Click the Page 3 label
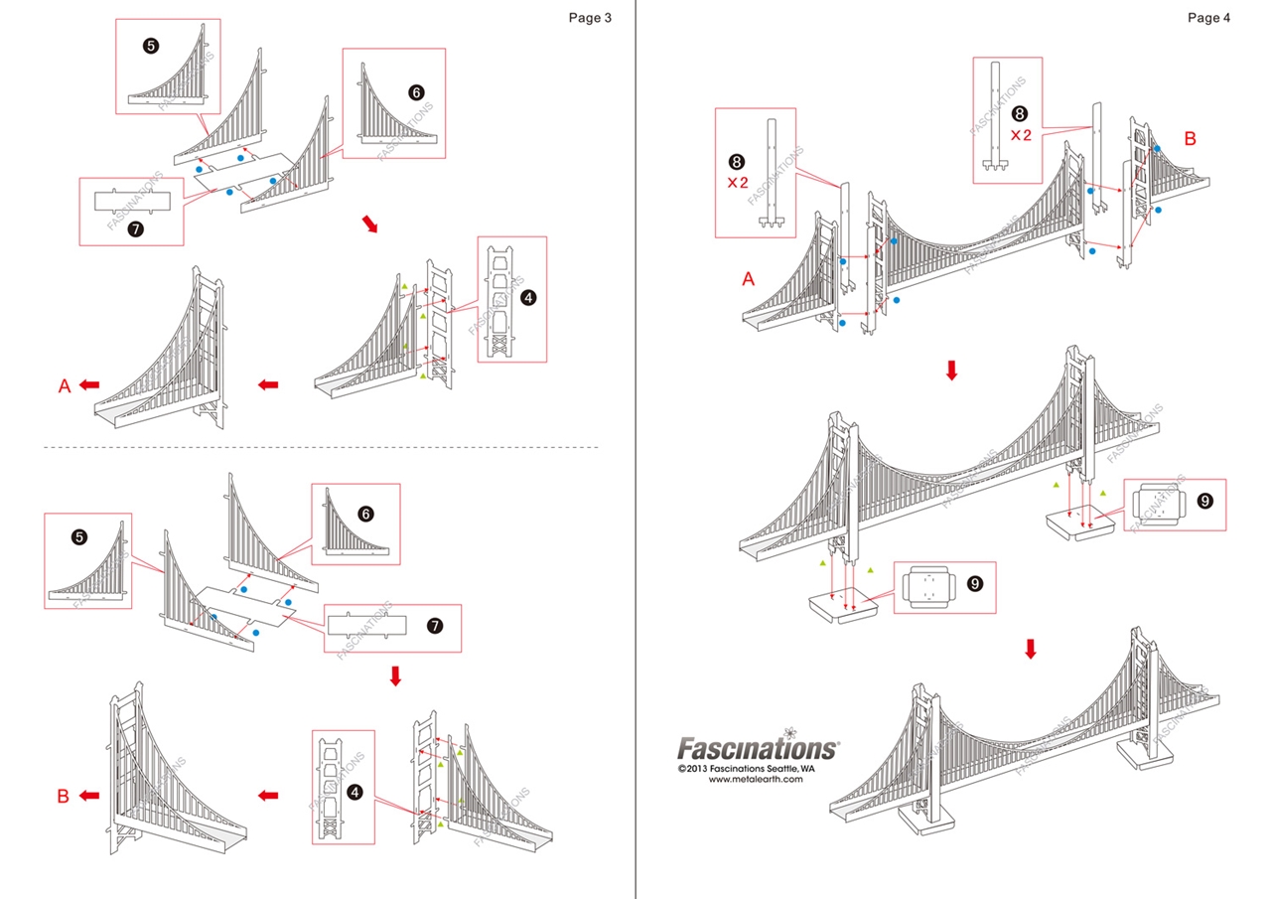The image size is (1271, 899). (589, 17)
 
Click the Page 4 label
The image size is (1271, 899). (1207, 17)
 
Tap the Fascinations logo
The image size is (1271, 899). (758, 748)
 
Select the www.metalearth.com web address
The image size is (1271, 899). (756, 780)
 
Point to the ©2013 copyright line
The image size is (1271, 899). (746, 768)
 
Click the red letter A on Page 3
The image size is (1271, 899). (65, 386)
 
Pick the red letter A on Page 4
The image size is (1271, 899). (749, 280)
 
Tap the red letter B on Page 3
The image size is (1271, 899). (63, 796)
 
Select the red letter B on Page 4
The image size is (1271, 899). (1191, 139)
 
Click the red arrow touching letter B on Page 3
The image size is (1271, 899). (89, 796)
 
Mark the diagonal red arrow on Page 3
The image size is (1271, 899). (369, 225)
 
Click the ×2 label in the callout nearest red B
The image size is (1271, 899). (1020, 135)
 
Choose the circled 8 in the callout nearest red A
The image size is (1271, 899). (736, 161)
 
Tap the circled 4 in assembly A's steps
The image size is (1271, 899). (528, 298)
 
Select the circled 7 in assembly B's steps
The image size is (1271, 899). (433, 626)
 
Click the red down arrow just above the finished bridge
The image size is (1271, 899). (1030, 649)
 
